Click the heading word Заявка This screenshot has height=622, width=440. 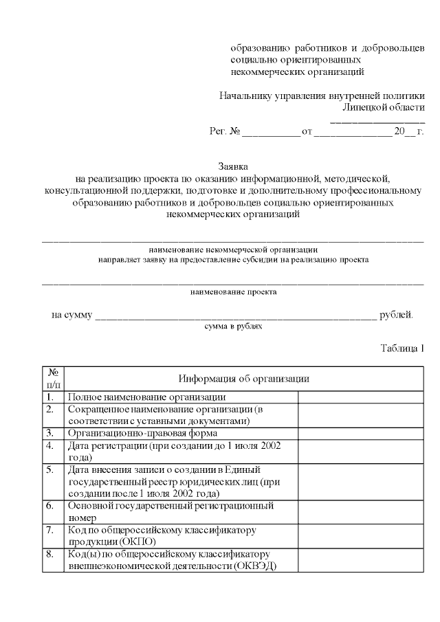coord(233,166)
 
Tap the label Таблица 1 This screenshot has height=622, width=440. coord(402,348)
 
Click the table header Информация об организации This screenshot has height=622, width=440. coord(243,378)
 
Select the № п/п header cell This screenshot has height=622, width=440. coord(53,378)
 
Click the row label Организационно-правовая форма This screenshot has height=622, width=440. coord(142,433)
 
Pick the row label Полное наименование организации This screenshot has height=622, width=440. coord(146,397)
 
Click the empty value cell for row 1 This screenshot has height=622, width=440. coord(361,397)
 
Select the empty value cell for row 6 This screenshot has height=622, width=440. coord(361,512)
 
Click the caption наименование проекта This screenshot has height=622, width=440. coord(233,291)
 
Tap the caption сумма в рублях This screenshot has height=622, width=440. coord(233,326)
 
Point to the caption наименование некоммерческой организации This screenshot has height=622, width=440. coord(233,249)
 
